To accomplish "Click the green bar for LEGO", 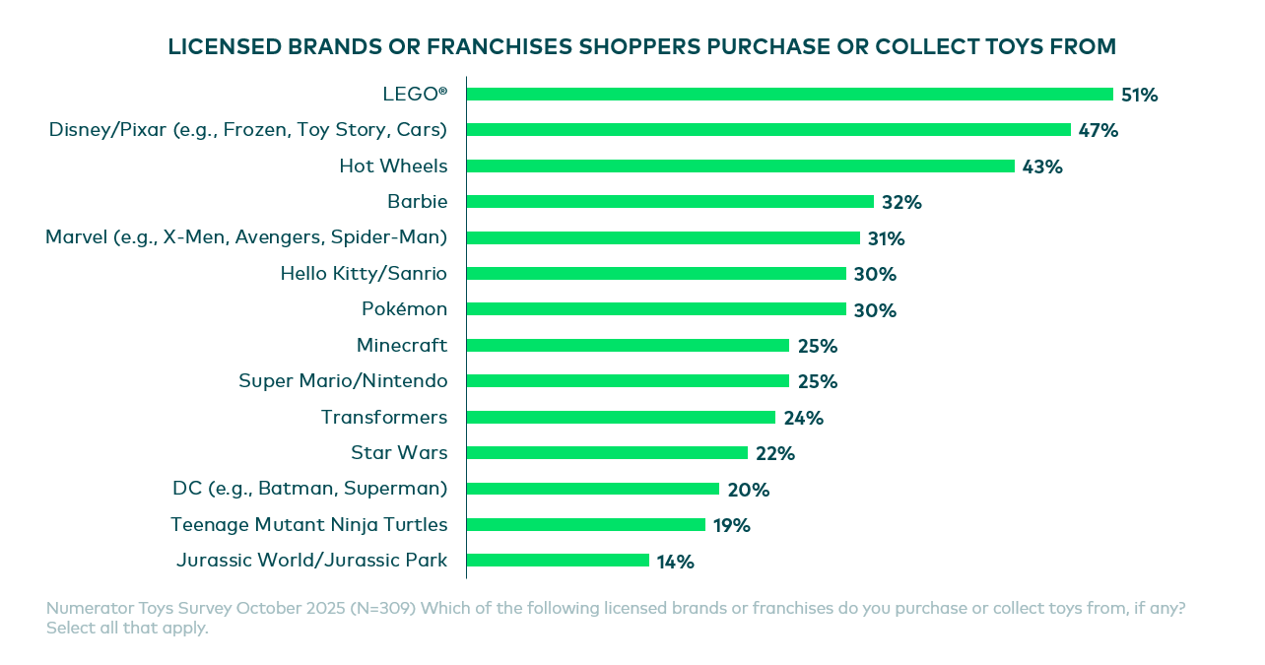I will pyautogui.click(x=789, y=95).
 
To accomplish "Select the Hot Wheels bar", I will pyautogui.click(x=740, y=166).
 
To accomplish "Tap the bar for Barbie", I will pyautogui.click(x=670, y=202).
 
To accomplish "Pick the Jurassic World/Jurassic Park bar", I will pyautogui.click(x=558, y=561).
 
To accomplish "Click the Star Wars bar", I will pyautogui.click(x=607, y=453).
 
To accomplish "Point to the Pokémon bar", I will pyautogui.click(x=656, y=309).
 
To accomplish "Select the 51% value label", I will pyautogui.click(x=1140, y=96).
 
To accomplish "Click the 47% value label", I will pyautogui.click(x=1099, y=131).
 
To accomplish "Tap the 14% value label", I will pyautogui.click(x=676, y=562).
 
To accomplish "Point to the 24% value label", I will pyautogui.click(x=804, y=418).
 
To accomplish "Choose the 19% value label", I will pyautogui.click(x=732, y=525).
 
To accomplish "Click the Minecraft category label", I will pyautogui.click(x=402, y=345).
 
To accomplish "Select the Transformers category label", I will pyautogui.click(x=384, y=417).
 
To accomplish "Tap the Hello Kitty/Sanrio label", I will pyautogui.click(x=364, y=273).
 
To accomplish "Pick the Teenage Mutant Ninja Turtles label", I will pyautogui.click(x=309, y=524).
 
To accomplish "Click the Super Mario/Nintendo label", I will pyautogui.click(x=343, y=380).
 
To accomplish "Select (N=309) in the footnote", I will pyautogui.click(x=384, y=608).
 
